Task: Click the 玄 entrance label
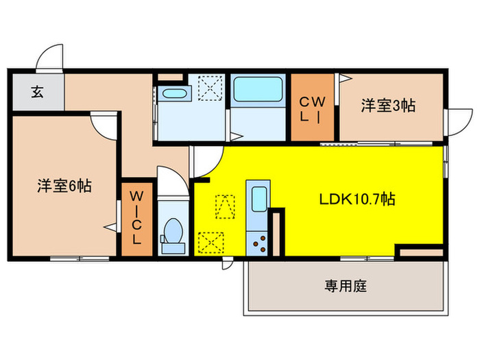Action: click(36, 93)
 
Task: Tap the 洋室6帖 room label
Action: click(64, 184)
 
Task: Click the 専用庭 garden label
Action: click(346, 286)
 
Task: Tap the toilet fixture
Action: click(173, 233)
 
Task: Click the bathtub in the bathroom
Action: click(257, 89)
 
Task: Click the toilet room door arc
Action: click(171, 178)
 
